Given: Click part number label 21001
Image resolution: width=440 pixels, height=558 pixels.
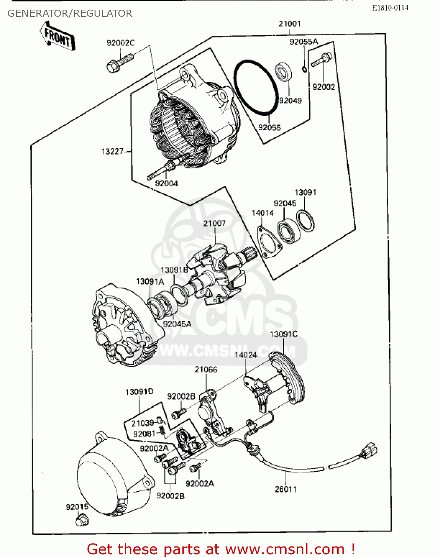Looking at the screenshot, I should (289, 24).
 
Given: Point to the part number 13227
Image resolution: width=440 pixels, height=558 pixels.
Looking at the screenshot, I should (112, 151).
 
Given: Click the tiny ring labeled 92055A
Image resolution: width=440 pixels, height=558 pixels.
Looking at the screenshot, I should (305, 69).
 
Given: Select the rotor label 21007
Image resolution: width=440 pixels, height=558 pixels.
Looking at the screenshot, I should (214, 223).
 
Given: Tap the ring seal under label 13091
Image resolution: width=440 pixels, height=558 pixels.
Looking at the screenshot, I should (306, 221).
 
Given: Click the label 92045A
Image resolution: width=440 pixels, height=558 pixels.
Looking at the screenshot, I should (177, 324).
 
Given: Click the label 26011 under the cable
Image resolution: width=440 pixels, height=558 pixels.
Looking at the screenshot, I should (286, 489).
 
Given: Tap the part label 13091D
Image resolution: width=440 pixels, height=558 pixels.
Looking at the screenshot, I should (139, 392).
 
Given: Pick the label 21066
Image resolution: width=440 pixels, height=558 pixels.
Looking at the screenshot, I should (206, 369).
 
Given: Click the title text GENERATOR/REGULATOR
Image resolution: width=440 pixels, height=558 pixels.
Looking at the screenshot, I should (70, 13).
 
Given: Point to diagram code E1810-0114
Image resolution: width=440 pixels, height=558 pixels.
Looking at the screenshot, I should (390, 7).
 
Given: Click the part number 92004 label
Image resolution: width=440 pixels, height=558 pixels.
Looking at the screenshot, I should (166, 183).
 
